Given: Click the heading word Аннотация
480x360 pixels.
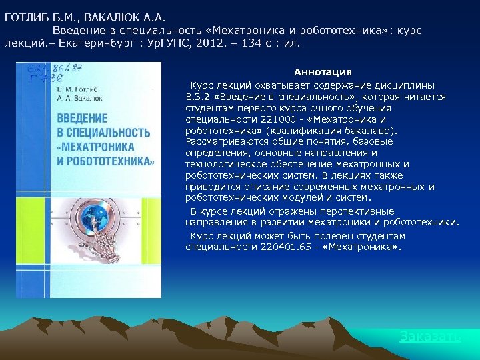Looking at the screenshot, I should pyautogui.click(x=323, y=71).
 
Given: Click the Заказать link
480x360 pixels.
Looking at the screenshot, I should pyautogui.click(x=429, y=337).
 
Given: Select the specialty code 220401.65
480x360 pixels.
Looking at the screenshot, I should pyautogui.click(x=278, y=247).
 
